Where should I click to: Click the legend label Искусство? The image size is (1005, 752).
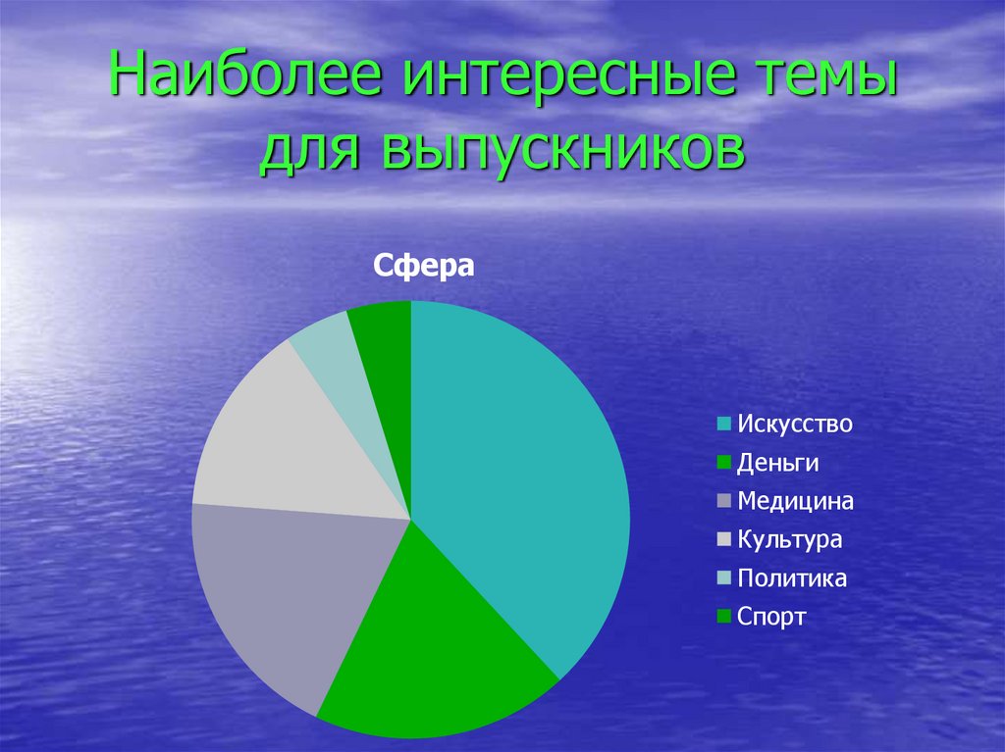pyautogui.click(x=795, y=424)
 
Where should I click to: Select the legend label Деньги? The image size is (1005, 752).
pyautogui.click(x=777, y=463)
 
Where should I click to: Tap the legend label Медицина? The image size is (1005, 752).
pyautogui.click(x=795, y=501)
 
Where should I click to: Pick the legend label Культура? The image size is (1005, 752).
pyautogui.click(x=790, y=540)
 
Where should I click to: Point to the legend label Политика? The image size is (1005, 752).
pyautogui.click(x=792, y=578)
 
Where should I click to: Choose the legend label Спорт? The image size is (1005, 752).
pyautogui.click(x=771, y=618)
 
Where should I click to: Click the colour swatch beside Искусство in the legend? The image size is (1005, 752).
pyautogui.click(x=723, y=424)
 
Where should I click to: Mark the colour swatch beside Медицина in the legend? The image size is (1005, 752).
pyautogui.click(x=723, y=501)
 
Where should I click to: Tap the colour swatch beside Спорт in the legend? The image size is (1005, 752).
pyautogui.click(x=723, y=616)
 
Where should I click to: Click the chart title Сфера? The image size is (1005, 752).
pyautogui.click(x=424, y=265)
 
